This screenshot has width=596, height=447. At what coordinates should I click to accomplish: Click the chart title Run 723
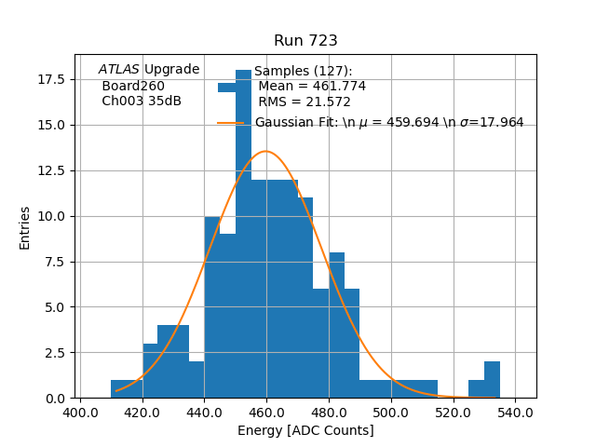[x=305, y=41]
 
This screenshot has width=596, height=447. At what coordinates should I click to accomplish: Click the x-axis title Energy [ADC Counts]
[x=305, y=430]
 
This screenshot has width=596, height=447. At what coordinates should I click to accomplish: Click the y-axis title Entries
[x=25, y=227]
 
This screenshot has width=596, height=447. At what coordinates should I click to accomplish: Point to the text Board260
[x=133, y=86]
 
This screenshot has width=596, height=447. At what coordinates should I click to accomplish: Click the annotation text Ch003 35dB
[x=142, y=101]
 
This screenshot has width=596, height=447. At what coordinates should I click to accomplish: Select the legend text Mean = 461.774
[x=312, y=87]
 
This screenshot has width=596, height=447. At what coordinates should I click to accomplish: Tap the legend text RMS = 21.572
[x=305, y=102]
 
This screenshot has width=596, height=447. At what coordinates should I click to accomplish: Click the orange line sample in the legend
[x=230, y=123]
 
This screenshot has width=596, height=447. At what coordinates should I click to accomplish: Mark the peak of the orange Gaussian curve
[x=266, y=151]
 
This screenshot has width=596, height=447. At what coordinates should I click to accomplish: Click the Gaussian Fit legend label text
[x=389, y=123]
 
